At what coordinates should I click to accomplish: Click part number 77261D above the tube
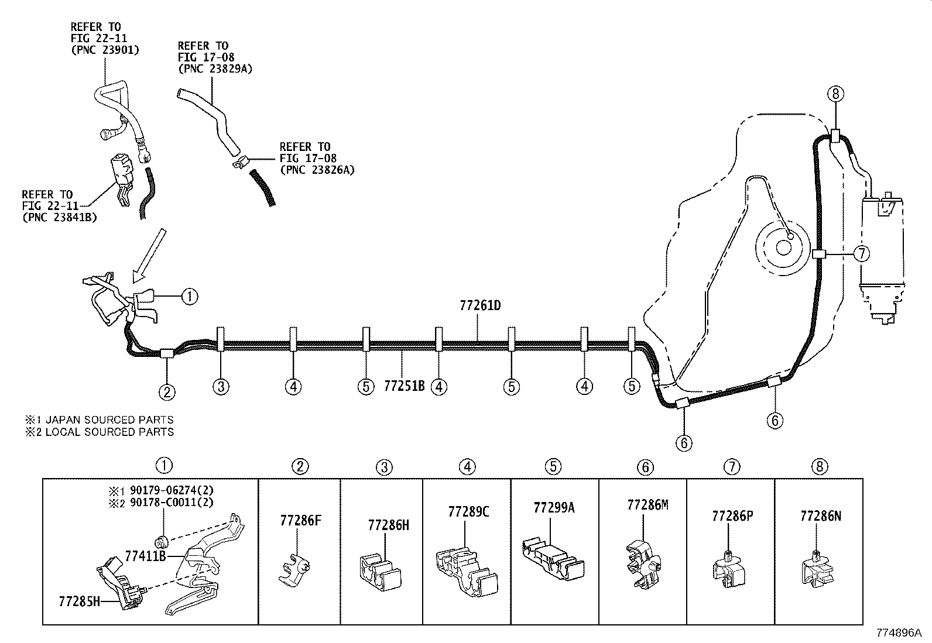pyautogui.click(x=481, y=305)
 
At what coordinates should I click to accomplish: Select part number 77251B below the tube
pyautogui.click(x=404, y=386)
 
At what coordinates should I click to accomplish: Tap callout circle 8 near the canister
pyautogui.click(x=835, y=93)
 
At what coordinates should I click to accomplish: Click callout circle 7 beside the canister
pyautogui.click(x=861, y=254)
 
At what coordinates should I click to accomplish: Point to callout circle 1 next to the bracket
pyautogui.click(x=189, y=297)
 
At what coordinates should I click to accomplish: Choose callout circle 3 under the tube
pyautogui.click(x=221, y=386)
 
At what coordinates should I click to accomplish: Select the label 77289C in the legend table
pyautogui.click(x=468, y=512)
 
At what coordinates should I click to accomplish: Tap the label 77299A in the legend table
pyautogui.click(x=554, y=507)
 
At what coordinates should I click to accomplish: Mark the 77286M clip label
pyautogui.click(x=647, y=505)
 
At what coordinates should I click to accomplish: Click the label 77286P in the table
pyautogui.click(x=733, y=516)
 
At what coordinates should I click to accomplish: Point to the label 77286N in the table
pyautogui.click(x=821, y=516)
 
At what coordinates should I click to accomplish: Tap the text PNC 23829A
pyautogui.click(x=215, y=69)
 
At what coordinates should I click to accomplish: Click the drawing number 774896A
pyautogui.click(x=899, y=633)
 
